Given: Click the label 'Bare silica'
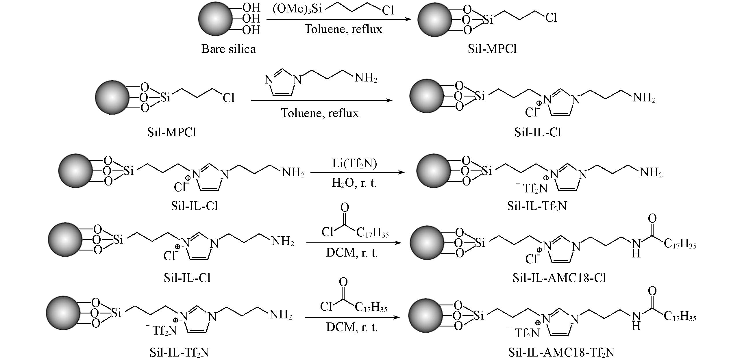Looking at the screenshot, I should tap(228, 49).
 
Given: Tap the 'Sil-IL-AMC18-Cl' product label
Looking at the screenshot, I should tap(559, 278).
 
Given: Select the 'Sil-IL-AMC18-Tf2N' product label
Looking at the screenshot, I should tap(561, 352).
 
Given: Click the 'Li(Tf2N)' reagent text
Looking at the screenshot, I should tap(354, 164).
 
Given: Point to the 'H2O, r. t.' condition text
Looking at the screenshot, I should tap(354, 183).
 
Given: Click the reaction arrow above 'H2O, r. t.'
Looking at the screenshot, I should tap(357, 172).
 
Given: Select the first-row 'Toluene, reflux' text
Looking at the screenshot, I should tap(343, 29).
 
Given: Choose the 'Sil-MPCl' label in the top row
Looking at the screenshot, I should tap(492, 49).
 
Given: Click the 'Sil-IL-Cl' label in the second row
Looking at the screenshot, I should tap(538, 132).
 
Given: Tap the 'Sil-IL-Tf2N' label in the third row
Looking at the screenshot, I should tap(536, 206).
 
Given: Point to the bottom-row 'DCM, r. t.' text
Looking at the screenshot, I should tap(352, 327).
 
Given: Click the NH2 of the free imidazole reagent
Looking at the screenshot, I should tap(365, 78).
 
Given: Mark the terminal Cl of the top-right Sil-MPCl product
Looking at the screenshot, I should tap(551, 18).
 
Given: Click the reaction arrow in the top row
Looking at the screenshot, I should tap(338, 19).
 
